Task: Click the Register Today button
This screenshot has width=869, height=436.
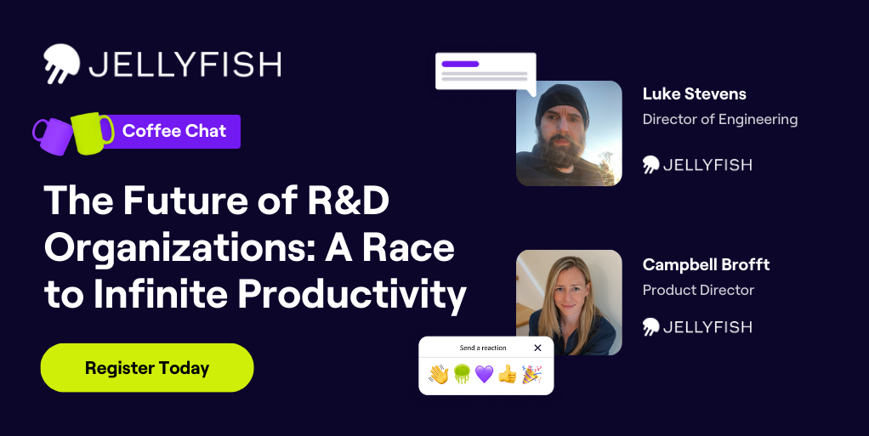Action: click(147, 368)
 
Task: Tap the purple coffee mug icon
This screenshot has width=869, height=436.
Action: click(53, 136)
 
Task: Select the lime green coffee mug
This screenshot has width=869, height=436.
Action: click(92, 133)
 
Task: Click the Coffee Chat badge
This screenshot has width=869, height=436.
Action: click(174, 131)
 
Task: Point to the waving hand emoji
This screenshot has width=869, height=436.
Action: click(439, 375)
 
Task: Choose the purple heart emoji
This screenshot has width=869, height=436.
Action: click(484, 375)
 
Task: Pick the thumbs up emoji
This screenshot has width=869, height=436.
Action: click(507, 375)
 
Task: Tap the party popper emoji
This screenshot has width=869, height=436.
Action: click(531, 375)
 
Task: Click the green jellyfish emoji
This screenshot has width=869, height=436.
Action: click(462, 375)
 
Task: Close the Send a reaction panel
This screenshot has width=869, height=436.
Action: click(537, 348)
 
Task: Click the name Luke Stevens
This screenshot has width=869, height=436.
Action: click(695, 94)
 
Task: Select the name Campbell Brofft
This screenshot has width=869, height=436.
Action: click(706, 265)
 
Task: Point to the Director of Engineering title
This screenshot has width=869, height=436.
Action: click(720, 120)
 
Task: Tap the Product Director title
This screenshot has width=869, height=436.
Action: click(698, 291)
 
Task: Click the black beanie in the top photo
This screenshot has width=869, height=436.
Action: click(561, 104)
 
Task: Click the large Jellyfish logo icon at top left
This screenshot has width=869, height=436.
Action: click(61, 63)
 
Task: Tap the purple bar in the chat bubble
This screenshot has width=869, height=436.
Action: click(460, 64)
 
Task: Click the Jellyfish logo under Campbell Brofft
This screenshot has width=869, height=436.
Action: click(697, 327)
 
